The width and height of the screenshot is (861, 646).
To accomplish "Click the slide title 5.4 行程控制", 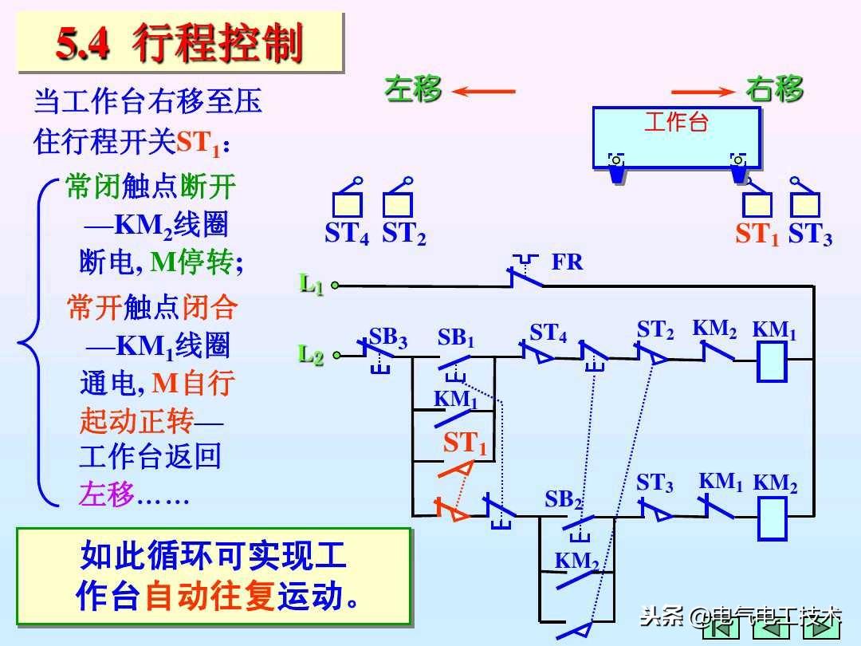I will tap(179, 44).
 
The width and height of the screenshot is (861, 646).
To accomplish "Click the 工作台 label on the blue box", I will tap(676, 122).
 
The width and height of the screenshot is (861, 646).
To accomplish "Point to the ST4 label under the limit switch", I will tap(347, 234).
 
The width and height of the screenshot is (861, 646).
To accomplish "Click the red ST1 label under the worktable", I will tap(757, 234).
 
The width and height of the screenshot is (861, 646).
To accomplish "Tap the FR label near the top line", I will tap(568, 262).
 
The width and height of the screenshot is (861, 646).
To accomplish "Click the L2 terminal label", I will tap(312, 354).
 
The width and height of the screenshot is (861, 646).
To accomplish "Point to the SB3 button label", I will tap(388, 338).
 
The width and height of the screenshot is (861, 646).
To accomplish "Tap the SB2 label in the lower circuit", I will tap(564, 500).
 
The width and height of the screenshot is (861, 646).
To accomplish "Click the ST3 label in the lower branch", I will tap(655, 483).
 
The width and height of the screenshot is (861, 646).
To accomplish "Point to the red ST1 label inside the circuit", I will tap(465, 443).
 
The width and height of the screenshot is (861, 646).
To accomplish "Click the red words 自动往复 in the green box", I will tap(209, 597).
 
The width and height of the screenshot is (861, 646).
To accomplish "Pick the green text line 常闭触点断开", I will tap(151, 187).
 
